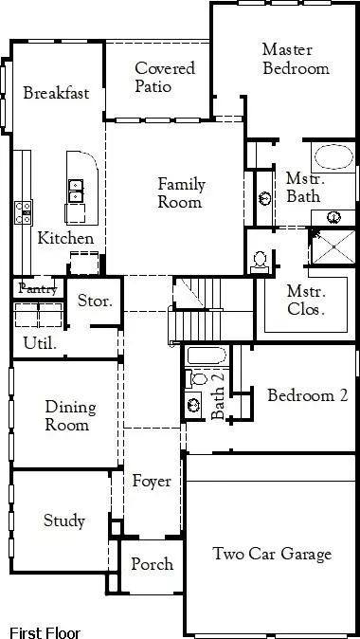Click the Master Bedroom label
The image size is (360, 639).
[295, 59]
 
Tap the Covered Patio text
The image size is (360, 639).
[165, 77]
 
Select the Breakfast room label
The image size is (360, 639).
[56, 93]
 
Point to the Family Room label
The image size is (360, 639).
[181, 193]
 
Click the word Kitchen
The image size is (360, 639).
[65, 239]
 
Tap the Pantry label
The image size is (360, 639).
[38, 287]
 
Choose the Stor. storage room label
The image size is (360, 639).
[95, 302]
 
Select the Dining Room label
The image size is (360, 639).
[70, 416]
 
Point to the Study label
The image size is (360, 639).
[63, 520]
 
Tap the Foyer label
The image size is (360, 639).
[152, 482]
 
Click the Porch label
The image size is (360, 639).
[152, 564]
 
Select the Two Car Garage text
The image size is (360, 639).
[272, 555]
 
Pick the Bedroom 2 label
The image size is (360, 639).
[307, 395]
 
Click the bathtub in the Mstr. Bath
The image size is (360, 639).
[333, 157]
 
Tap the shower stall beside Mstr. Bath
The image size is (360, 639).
[333, 246]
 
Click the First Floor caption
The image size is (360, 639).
[45, 632]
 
